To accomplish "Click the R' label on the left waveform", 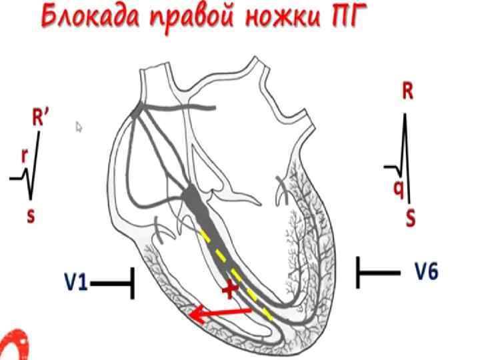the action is point(42,118).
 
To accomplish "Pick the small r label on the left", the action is point(25,155).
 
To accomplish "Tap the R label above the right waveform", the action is point(407,91).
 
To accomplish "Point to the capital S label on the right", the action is point(409,218).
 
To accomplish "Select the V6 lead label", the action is point(427,272).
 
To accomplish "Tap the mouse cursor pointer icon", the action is point(79,127).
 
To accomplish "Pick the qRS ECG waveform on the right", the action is point(401,157).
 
